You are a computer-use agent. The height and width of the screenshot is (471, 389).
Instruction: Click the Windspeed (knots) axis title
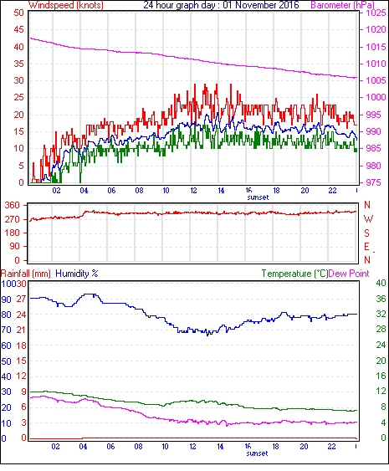pos(66,5)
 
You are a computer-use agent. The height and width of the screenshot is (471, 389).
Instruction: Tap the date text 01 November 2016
pos(261,5)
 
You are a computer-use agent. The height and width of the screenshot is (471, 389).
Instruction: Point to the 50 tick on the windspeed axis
pos(18,13)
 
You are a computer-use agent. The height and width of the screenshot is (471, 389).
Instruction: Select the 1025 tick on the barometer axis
pos(376,13)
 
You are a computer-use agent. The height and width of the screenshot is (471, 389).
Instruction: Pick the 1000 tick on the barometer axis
pos(376,97)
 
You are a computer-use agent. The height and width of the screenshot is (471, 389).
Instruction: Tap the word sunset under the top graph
pos(258,197)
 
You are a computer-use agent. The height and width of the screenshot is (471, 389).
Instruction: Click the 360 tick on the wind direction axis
pos(13,206)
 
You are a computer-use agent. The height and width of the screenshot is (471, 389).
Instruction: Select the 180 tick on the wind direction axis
pos(13,233)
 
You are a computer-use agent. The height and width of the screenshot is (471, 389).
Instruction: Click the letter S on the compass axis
pos(366,233)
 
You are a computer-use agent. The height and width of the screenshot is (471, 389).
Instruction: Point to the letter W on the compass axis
pos(368,219)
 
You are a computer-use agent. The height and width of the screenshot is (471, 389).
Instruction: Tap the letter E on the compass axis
pos(366,247)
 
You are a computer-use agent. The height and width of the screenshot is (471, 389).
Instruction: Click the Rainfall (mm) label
pos(26,274)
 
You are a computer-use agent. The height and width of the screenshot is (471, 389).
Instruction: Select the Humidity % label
pos(77,274)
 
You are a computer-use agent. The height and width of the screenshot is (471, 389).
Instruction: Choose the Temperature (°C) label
pos(294,274)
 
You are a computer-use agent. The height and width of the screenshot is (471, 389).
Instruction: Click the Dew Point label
pos(349,274)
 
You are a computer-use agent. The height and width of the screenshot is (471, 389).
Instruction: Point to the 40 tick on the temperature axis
pos(381,283)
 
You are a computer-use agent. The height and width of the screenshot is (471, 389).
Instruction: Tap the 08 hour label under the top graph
pos(139,191)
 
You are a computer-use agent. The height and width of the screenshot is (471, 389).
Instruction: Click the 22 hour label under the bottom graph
pos(331,447)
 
